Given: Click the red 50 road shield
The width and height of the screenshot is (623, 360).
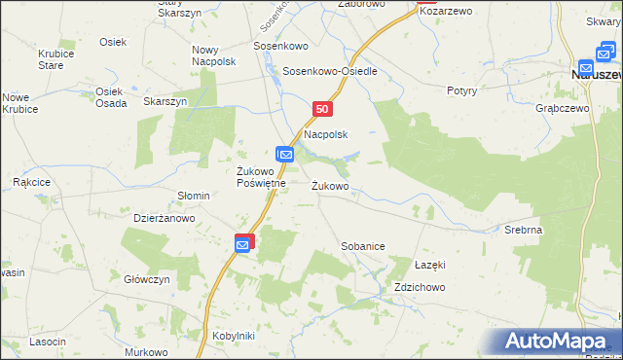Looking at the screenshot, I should pyautogui.click(x=323, y=110).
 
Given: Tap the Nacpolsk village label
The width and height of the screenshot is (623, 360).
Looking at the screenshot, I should pyautogui.click(x=326, y=134).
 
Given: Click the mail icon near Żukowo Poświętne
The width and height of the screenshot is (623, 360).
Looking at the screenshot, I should pyautogui.click(x=284, y=155).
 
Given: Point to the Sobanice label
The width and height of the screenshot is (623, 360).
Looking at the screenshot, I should pyautogui.click(x=362, y=247).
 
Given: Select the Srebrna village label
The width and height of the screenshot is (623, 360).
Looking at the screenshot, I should pyautogui.click(x=523, y=230).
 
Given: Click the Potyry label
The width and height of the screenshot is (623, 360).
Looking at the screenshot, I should pyautogui.click(x=461, y=90).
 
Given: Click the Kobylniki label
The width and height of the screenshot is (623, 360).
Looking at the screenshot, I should pyautogui.click(x=233, y=336).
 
